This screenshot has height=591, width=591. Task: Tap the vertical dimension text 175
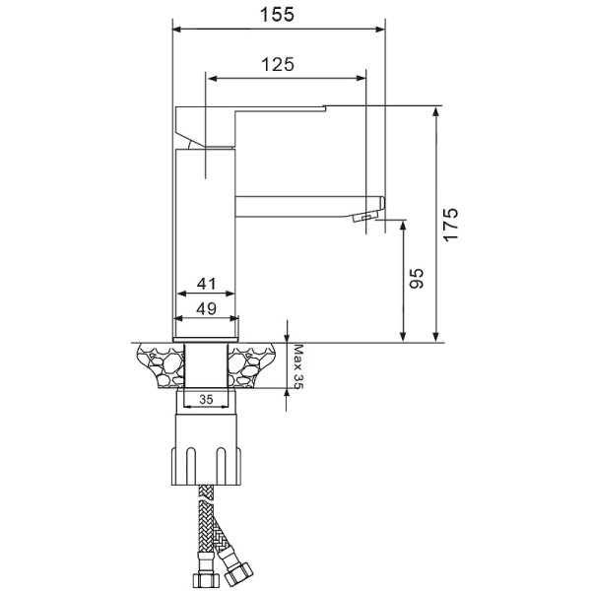(450, 225)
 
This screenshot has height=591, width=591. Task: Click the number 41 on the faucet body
(206, 284)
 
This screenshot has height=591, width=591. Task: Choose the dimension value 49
(206, 308)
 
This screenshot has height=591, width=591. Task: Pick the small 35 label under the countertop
(206, 400)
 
